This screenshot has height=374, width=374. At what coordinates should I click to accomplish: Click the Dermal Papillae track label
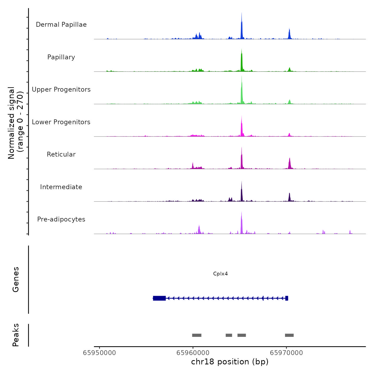(x=61, y=25)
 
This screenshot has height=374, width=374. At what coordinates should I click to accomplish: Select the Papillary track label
(x=61, y=57)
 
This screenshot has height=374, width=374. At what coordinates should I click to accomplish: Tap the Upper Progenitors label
(x=61, y=89)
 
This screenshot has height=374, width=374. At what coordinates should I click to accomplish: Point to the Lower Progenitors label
(x=61, y=122)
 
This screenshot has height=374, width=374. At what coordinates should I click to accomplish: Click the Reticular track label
(x=61, y=154)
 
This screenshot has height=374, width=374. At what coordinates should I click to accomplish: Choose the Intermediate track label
(x=61, y=187)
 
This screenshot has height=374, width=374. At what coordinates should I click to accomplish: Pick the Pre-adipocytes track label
(x=61, y=219)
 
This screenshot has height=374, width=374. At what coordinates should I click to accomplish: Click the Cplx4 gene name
(x=220, y=274)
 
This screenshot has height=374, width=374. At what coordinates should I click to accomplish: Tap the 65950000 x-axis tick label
(x=99, y=353)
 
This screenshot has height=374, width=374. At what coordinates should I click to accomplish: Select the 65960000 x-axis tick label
(x=193, y=353)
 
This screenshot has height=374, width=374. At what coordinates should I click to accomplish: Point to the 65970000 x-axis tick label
(x=286, y=353)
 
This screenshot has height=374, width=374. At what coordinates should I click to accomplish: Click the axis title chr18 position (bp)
(x=230, y=362)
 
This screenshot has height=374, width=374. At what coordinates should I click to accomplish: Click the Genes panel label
(x=16, y=279)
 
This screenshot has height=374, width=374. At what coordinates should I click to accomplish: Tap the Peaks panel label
(x=16, y=335)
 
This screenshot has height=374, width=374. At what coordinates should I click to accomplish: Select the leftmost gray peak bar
(x=197, y=335)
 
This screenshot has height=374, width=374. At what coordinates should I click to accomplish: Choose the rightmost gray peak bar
(x=289, y=335)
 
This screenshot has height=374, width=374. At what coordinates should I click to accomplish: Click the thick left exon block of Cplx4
(x=159, y=298)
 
